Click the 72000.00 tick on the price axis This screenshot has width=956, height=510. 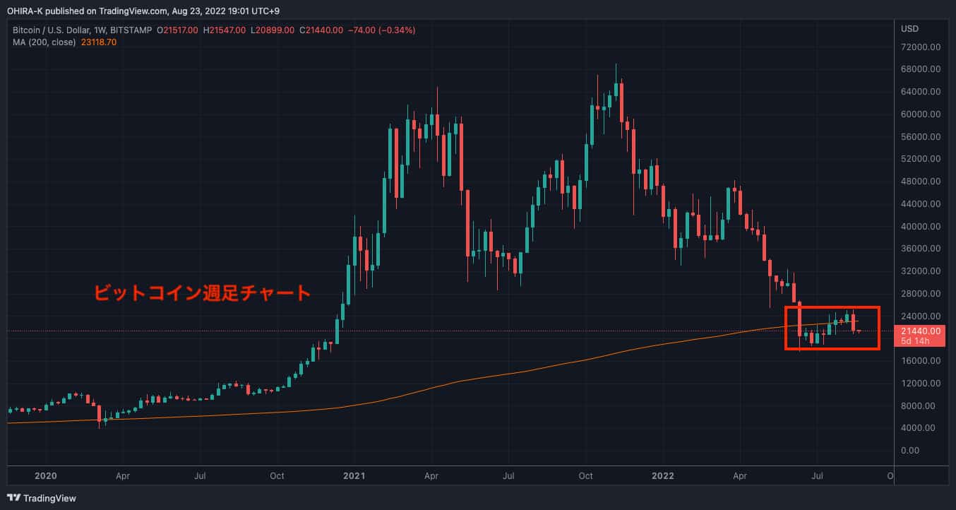(x=919, y=47)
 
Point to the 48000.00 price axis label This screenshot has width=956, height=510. (x=919, y=181)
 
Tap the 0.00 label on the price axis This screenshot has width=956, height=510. (x=909, y=450)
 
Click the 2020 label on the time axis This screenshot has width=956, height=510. (x=45, y=475)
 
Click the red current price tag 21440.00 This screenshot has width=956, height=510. (x=919, y=331)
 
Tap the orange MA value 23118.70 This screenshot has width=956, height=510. (x=100, y=42)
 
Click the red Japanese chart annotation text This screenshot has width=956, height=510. (x=203, y=292)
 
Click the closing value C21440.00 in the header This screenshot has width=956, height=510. (x=321, y=30)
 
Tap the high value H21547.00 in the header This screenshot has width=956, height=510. (x=225, y=30)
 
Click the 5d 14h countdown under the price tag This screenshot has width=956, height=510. (x=915, y=341)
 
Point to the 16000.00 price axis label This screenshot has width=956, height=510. (x=919, y=360)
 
